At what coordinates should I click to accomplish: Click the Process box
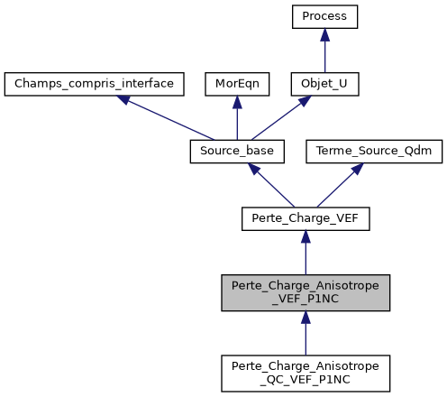click(x=324, y=17)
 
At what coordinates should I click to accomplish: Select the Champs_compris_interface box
click(x=94, y=84)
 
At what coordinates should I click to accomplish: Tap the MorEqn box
click(x=236, y=84)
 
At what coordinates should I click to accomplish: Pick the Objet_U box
click(x=324, y=84)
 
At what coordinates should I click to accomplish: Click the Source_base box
click(x=236, y=151)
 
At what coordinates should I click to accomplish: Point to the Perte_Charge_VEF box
click(x=306, y=217)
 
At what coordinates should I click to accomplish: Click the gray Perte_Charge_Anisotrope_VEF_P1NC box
click(x=306, y=293)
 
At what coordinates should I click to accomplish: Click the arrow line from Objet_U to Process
click(x=324, y=54)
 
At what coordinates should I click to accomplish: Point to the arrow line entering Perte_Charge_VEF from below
click(x=306, y=255)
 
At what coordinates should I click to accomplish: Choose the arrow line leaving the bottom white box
click(x=306, y=336)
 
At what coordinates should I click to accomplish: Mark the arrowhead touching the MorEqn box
click(x=236, y=102)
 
